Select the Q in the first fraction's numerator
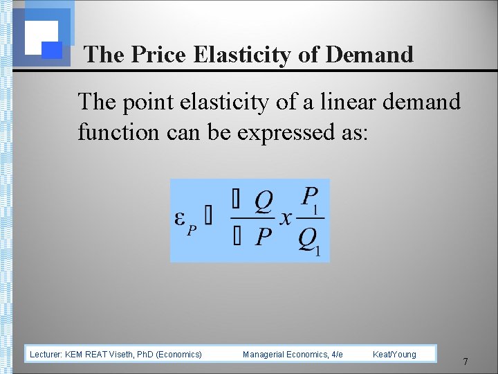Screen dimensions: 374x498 click(x=263, y=202)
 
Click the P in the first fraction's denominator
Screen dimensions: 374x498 click(x=263, y=238)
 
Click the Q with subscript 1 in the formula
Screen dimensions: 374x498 click(x=308, y=240)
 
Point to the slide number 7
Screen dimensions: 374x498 click(x=465, y=362)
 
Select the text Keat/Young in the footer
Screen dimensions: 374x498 click(x=394, y=355)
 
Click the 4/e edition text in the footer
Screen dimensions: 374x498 click(x=337, y=355)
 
